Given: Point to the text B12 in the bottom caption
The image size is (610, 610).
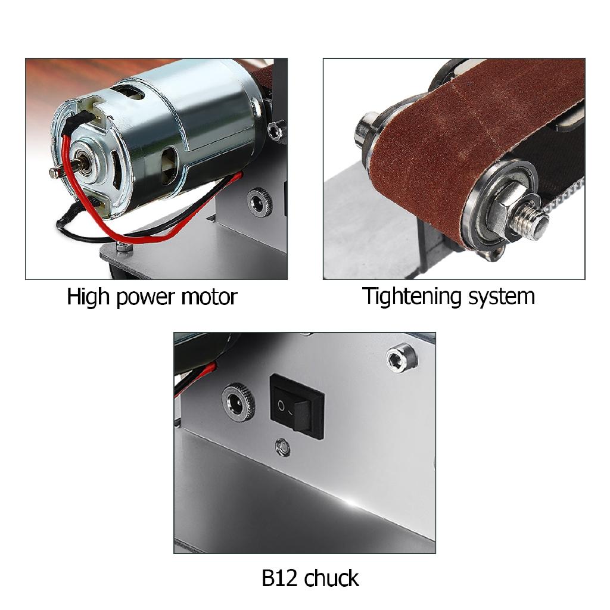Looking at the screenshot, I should (x=281, y=578).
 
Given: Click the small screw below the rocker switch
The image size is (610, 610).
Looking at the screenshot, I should (x=282, y=446).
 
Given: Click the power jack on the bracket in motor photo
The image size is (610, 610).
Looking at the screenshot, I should (x=260, y=202).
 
